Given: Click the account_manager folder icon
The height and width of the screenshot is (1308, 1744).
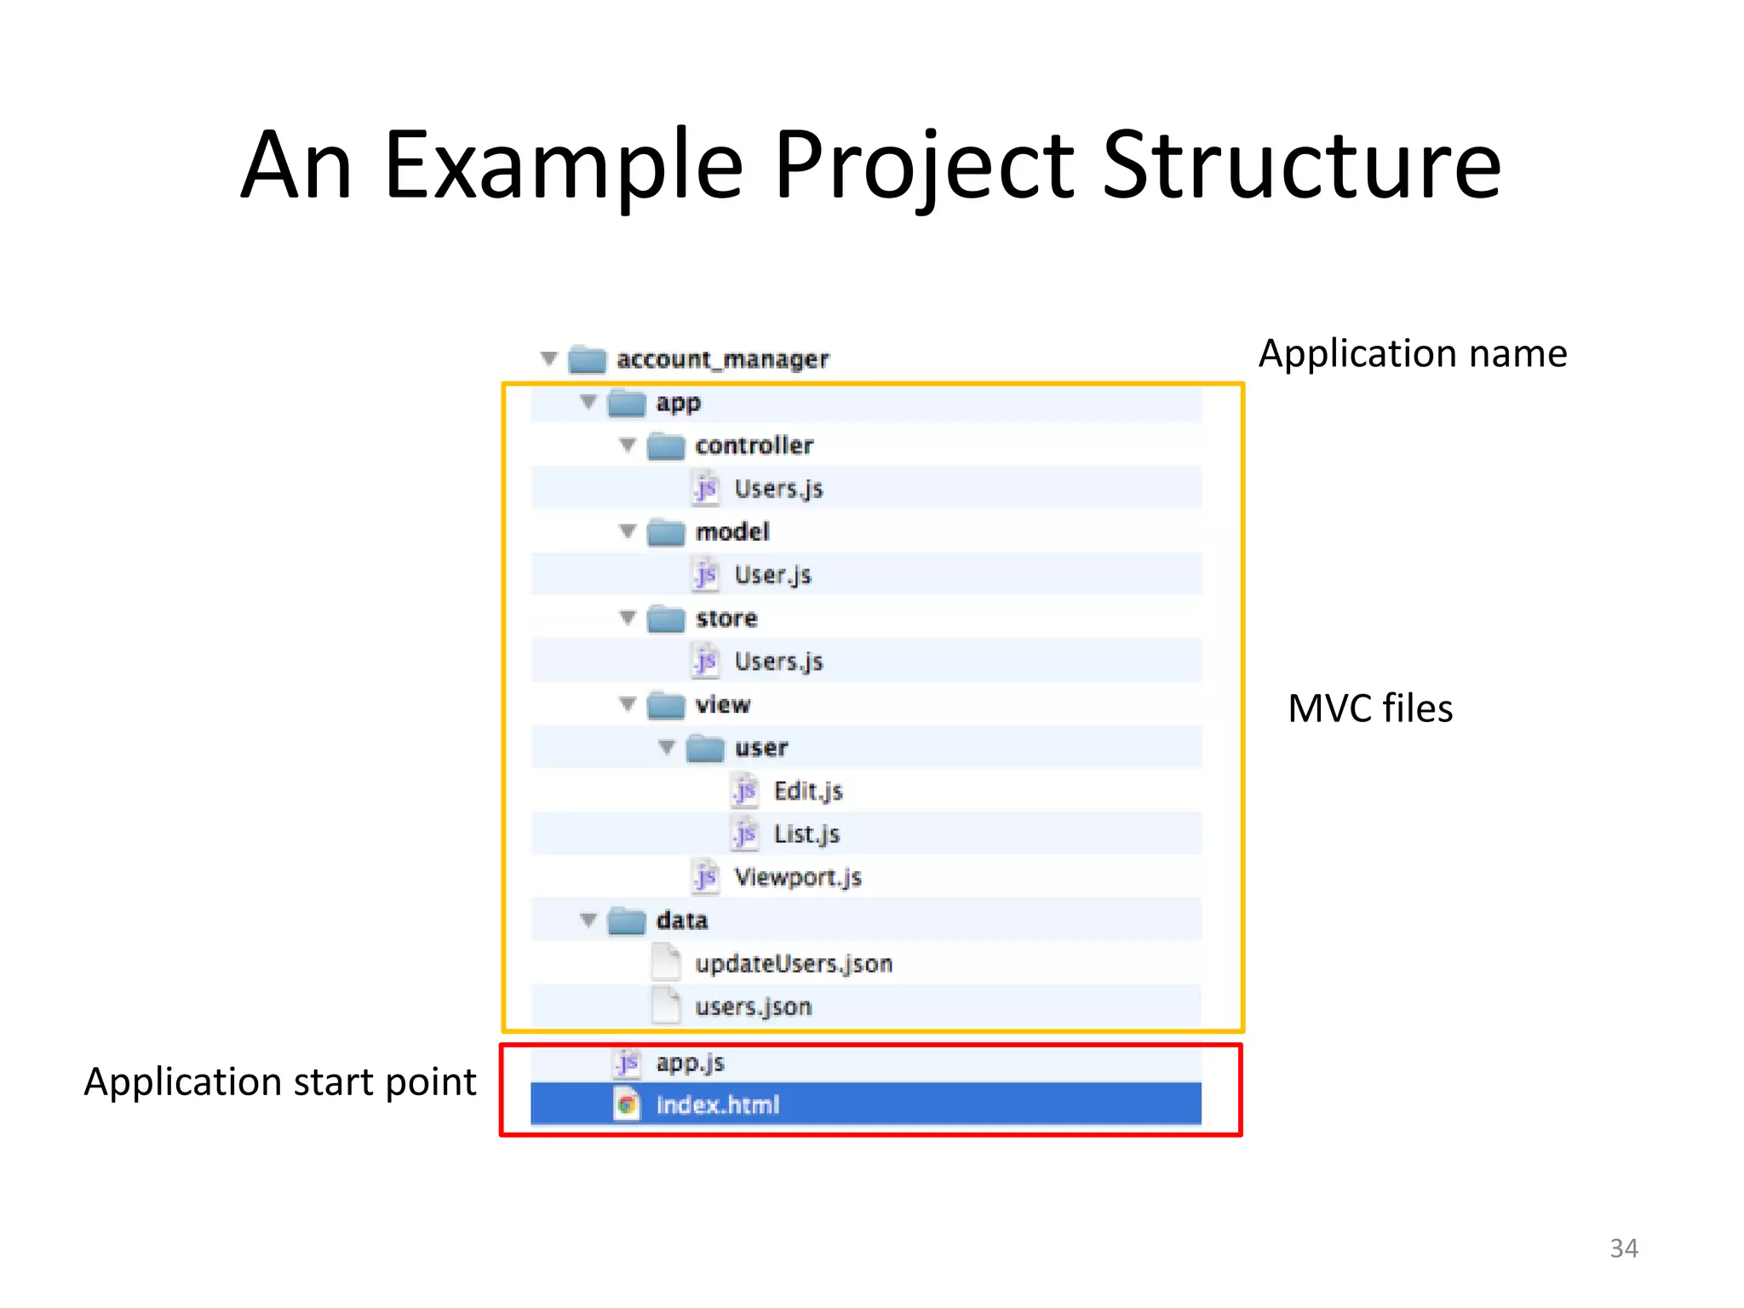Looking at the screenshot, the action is (x=587, y=359).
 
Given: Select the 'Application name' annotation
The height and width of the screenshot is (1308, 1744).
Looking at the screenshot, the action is (x=1413, y=353).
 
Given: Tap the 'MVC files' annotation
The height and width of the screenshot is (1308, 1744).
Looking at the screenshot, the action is (x=1369, y=708).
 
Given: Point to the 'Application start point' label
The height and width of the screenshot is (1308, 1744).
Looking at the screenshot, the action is (x=280, y=1082).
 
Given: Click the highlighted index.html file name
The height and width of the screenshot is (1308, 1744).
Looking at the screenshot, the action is (x=717, y=1105).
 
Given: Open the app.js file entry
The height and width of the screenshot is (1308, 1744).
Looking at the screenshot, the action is (x=690, y=1063).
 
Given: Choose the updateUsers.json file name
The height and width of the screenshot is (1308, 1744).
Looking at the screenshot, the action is (x=793, y=964).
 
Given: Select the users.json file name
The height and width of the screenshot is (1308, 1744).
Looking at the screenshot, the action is (x=753, y=1007).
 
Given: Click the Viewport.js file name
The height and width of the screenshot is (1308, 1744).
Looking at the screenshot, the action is (x=798, y=877).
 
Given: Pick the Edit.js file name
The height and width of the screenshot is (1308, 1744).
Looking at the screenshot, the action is (x=808, y=791).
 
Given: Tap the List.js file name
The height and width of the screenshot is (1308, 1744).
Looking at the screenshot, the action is (x=806, y=835).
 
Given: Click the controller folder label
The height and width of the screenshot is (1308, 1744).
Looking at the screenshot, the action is (x=754, y=445).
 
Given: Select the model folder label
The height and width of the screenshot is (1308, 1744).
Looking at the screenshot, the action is (x=732, y=532).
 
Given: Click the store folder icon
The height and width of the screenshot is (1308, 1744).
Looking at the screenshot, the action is (x=666, y=619).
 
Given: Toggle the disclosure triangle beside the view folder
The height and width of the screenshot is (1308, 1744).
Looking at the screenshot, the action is (x=628, y=704).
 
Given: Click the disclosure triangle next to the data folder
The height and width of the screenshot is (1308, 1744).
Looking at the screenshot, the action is (x=588, y=920).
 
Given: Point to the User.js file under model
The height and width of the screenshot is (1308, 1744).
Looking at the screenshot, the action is (x=772, y=576).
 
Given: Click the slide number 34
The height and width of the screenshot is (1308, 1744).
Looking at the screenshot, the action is (x=1623, y=1248).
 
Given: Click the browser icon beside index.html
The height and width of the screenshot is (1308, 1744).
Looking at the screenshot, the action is (x=627, y=1105).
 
